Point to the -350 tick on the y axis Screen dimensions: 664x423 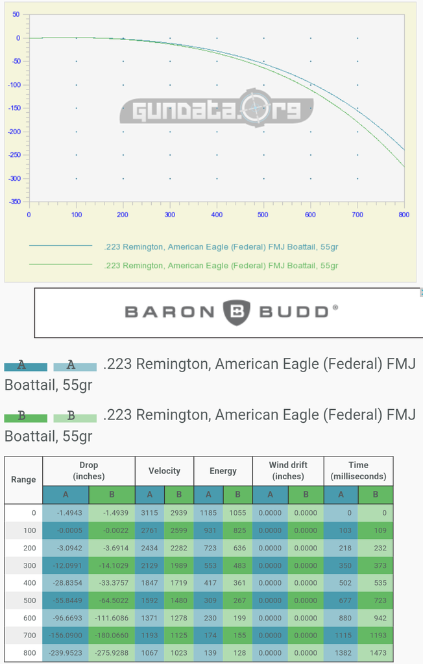tap(14, 202)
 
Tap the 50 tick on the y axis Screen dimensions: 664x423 tap(16, 14)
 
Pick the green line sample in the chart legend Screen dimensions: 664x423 tap(60, 265)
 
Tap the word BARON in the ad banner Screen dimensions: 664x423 tap(169, 312)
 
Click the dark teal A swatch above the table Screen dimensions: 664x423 tap(25, 366)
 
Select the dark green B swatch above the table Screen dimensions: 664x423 tap(25, 416)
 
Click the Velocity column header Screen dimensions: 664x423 tap(164, 471)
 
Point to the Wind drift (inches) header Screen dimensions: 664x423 tap(288, 471)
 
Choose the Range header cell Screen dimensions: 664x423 tap(23, 480)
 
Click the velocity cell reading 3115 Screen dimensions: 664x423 tap(149, 513)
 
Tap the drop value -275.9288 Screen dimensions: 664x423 tap(112, 652)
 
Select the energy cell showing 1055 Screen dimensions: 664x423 tap(237, 513)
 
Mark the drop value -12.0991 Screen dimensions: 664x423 tap(65, 565)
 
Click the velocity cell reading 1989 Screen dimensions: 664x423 tap(179, 565)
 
